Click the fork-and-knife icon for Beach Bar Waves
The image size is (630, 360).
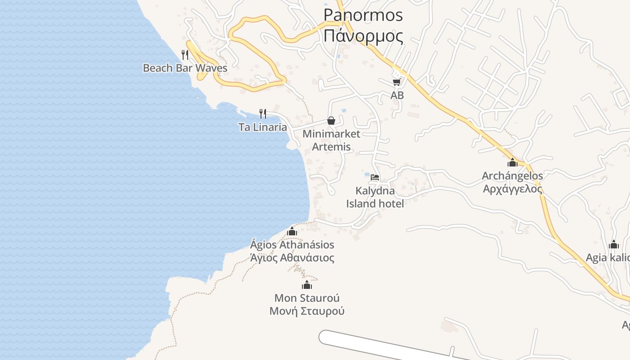click(185, 55)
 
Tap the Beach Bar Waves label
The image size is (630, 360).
click(185, 68)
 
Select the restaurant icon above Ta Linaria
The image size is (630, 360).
click(263, 113)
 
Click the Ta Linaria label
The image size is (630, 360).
click(263, 127)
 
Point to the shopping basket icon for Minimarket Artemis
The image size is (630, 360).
click(331, 121)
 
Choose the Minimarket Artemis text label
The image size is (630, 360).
click(331, 140)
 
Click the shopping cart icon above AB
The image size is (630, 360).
click(396, 82)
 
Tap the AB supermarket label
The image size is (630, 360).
click(397, 95)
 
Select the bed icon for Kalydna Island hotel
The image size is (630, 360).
click(375, 177)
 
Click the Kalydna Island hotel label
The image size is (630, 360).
click(375, 197)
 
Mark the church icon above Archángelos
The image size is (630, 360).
click(512, 162)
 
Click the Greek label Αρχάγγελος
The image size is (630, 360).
click(513, 189)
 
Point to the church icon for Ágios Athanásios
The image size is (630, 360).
click(292, 231)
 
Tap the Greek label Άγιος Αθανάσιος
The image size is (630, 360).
click(292, 258)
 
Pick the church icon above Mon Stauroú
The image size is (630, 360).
click(307, 285)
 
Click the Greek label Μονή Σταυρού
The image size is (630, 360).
click(307, 311)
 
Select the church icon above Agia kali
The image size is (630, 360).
click(613, 245)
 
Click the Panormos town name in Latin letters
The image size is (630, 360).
click(363, 15)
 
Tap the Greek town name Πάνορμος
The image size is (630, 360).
click(363, 36)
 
